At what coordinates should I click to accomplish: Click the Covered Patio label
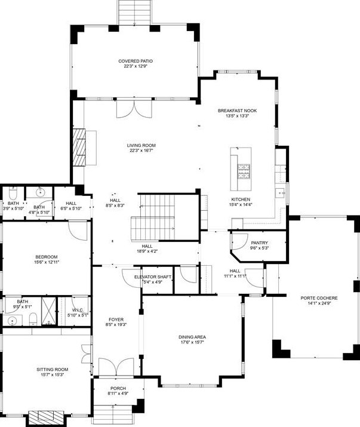[x=136, y=61]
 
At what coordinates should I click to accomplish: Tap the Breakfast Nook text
[x=237, y=110]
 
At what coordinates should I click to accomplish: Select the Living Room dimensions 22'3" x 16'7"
[x=141, y=150]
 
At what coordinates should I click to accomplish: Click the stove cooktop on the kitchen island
[x=244, y=171]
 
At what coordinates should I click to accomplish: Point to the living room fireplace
[x=79, y=147]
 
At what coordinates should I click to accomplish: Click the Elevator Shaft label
[x=153, y=277]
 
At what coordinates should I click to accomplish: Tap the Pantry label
[x=259, y=242]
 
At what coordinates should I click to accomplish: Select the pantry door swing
[x=239, y=242]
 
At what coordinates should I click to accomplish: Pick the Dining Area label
[x=192, y=337]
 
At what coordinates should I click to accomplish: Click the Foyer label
[x=116, y=320]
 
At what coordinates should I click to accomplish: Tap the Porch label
[x=118, y=388]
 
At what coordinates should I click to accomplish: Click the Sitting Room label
[x=53, y=370]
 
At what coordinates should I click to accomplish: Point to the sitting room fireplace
[x=46, y=417]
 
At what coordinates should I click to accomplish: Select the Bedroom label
[x=47, y=257]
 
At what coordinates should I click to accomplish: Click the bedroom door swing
[x=78, y=230]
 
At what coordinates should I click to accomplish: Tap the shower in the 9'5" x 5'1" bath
[x=49, y=311]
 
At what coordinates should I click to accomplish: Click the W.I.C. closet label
[x=78, y=310]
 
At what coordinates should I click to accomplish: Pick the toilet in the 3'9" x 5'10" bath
[x=13, y=193]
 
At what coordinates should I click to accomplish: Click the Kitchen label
[x=241, y=199]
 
